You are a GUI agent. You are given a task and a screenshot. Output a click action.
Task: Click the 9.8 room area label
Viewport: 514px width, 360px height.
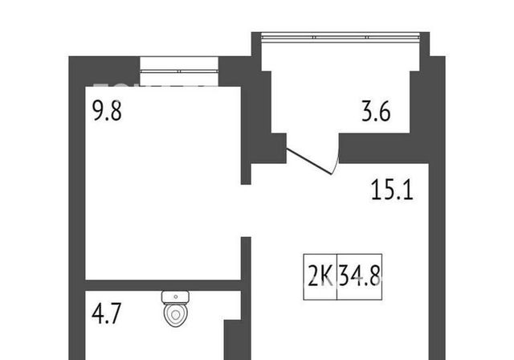tap(107, 111)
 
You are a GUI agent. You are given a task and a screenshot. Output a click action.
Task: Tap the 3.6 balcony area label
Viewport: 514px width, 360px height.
tap(376, 112)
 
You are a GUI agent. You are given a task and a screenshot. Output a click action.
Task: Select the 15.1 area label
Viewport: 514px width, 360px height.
tap(392, 190)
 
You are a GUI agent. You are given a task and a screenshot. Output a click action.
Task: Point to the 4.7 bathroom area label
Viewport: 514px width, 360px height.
tap(107, 313)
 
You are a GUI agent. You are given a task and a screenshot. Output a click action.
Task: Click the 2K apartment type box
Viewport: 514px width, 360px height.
tap(320, 276)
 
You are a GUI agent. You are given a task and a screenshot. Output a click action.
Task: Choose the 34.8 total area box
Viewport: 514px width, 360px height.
tap(360, 276)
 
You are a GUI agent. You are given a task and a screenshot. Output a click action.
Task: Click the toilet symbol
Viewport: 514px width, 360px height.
tap(175, 309)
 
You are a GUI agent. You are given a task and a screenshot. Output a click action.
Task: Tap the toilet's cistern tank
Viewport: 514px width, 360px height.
tap(175, 297)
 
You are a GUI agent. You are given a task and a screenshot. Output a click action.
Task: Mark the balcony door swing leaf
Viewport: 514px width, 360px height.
tap(308, 162)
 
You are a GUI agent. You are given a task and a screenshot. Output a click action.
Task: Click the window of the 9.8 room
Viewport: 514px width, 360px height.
tap(179, 72)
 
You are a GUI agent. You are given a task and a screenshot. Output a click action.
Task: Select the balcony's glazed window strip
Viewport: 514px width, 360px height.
tap(341, 37)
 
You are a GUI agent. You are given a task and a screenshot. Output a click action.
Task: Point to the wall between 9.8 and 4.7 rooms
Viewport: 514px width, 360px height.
tap(163, 285)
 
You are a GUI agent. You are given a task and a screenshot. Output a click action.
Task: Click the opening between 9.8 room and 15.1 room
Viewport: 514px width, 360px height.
tap(246, 211)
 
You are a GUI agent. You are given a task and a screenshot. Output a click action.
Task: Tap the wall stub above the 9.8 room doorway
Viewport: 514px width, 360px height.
tap(246, 174)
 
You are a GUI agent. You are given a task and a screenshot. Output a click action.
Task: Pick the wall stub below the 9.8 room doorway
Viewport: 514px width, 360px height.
tap(246, 259)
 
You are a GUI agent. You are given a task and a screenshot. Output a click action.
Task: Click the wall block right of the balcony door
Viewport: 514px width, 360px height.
tap(384, 148)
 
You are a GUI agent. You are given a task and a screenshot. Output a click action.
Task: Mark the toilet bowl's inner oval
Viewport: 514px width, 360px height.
tap(176, 315)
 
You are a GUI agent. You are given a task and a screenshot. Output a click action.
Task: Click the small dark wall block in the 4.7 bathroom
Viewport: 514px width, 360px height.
tap(233, 340)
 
